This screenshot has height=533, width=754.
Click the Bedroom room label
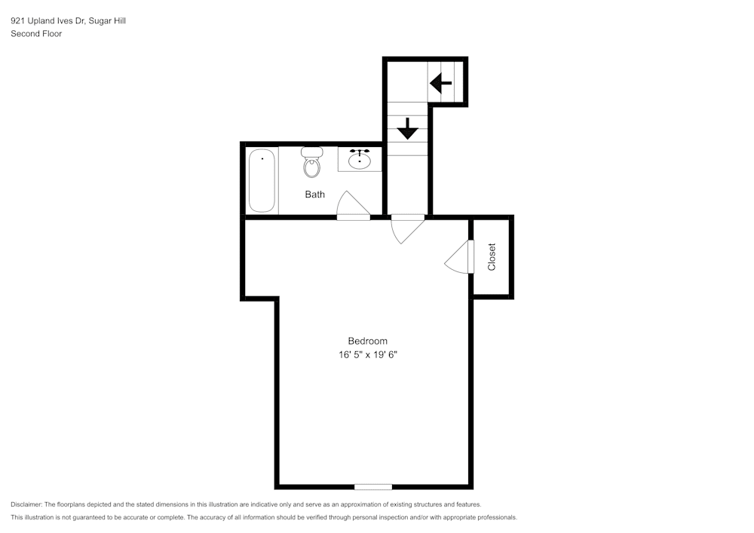(367, 341)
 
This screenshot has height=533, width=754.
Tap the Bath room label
(314, 195)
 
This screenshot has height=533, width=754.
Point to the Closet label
(492, 256)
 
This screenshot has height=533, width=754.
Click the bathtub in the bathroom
(262, 181)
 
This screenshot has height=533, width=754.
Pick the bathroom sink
(360, 161)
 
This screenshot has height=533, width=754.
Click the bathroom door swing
(351, 205)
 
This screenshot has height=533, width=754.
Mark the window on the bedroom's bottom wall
(372, 486)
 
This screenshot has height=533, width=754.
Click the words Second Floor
(36, 34)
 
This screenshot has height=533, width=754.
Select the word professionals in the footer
(495, 517)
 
